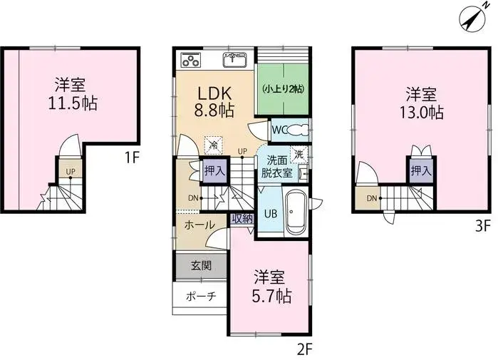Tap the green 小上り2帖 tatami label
click(x=283, y=89)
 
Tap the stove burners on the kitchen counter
click(x=191, y=59)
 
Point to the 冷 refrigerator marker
click(x=213, y=143)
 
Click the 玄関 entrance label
click(x=200, y=266)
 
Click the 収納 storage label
click(x=242, y=220)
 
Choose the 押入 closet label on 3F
click(x=418, y=171)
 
